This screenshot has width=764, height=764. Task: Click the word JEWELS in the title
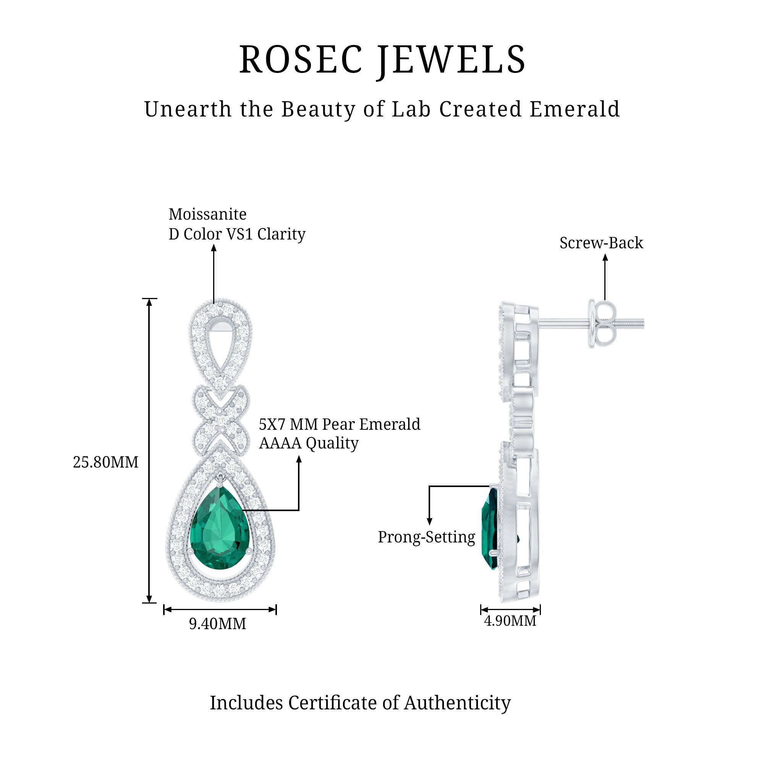click(x=451, y=60)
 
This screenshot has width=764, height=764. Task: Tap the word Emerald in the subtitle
click(x=575, y=109)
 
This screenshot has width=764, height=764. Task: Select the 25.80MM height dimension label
click(x=105, y=462)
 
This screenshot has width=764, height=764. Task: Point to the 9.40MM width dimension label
click(x=217, y=624)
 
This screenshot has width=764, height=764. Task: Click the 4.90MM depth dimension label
click(x=510, y=620)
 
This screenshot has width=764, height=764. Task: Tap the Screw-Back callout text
click(x=601, y=243)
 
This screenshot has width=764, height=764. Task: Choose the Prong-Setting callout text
click(x=426, y=537)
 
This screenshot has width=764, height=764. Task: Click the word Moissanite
click(x=207, y=214)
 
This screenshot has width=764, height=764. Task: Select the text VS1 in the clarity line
click(x=238, y=234)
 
